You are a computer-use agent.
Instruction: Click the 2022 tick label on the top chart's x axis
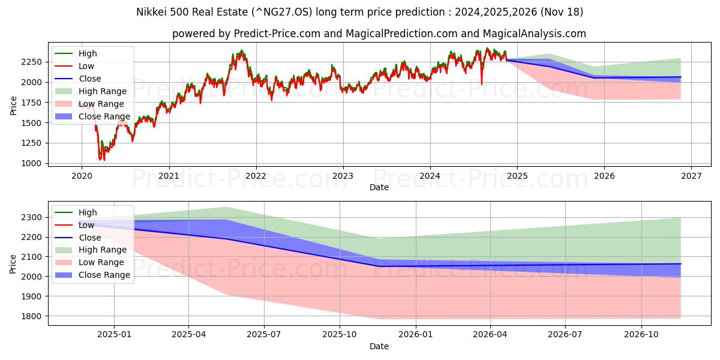tap(256, 176)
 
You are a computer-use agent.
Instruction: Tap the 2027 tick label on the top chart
tap(691, 176)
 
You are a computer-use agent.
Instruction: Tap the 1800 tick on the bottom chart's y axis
tap(34, 316)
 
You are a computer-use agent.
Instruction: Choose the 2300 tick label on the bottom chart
tap(34, 217)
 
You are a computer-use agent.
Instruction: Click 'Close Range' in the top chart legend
tap(104, 116)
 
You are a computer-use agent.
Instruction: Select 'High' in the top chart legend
tap(88, 53)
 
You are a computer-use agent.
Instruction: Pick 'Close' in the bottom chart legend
tap(90, 238)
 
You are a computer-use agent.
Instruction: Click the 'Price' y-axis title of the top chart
tap(13, 105)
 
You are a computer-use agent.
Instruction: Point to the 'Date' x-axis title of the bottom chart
tap(379, 346)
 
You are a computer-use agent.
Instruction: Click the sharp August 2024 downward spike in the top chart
tap(481, 84)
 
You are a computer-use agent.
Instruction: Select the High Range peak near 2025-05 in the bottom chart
tap(226, 207)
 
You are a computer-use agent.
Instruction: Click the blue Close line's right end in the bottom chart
tap(680, 264)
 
